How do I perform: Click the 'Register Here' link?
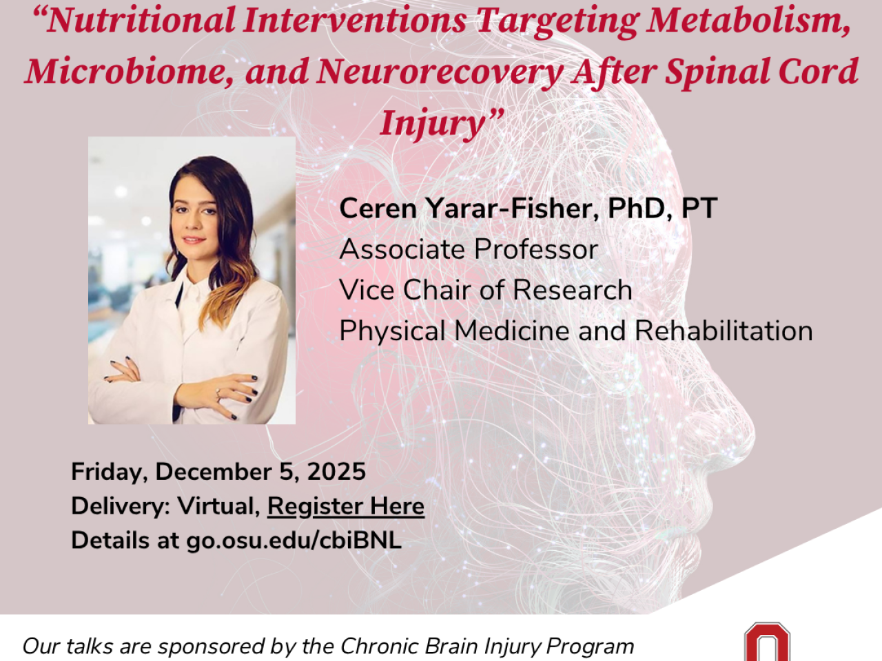pyautogui.click(x=346, y=507)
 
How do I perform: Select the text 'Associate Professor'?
pyautogui.click(x=469, y=249)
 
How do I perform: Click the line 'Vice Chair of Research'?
pyautogui.click(x=485, y=290)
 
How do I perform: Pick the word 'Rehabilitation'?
pyautogui.click(x=724, y=330)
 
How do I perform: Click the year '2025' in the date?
pyautogui.click(x=336, y=472)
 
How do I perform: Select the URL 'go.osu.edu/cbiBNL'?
pyautogui.click(x=294, y=541)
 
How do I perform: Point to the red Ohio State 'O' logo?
pyautogui.click(x=767, y=642)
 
